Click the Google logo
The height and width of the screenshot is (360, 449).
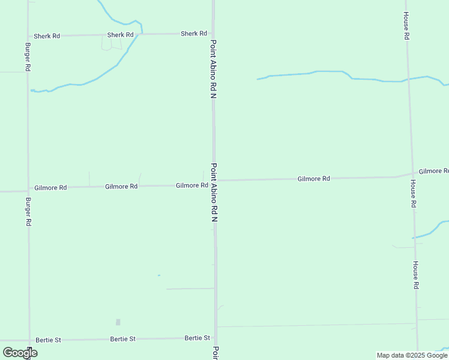(x=20, y=353)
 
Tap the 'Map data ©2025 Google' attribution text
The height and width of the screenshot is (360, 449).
(x=412, y=355)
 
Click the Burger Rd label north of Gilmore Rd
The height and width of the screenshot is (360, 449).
(x=28, y=57)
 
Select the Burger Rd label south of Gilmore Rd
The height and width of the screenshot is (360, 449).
(x=28, y=211)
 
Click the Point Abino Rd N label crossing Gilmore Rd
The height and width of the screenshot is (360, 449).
(x=213, y=193)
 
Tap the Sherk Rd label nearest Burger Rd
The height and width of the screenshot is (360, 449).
(x=47, y=36)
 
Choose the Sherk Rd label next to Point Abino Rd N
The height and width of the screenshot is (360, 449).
(x=194, y=34)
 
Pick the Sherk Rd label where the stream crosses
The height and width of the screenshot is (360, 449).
(x=120, y=35)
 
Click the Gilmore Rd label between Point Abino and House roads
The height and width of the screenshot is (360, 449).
(x=314, y=179)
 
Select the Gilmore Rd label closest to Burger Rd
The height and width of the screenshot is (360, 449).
(x=50, y=188)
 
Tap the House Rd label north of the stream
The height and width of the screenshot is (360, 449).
(x=406, y=26)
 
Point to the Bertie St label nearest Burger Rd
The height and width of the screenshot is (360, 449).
(x=48, y=340)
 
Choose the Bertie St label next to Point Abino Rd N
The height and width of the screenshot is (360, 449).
(x=197, y=338)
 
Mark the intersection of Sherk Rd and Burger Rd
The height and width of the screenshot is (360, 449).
(x=28, y=36)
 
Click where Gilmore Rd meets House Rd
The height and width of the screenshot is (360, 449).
(x=412, y=175)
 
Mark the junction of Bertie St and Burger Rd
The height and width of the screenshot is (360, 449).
(x=29, y=340)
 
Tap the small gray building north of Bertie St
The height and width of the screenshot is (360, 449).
(x=118, y=322)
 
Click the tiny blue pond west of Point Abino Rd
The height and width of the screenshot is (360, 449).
(x=158, y=275)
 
